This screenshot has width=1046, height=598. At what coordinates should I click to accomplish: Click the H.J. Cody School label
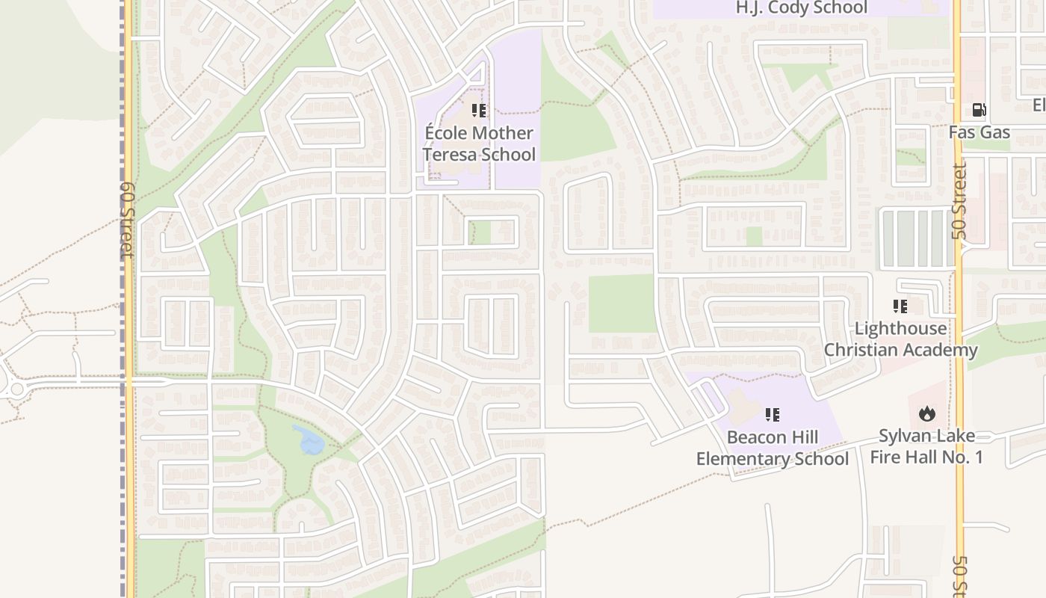coord(802,8)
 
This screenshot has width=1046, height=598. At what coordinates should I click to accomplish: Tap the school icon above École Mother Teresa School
coord(479,111)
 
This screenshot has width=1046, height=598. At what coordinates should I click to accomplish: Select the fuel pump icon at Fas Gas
coord(979,111)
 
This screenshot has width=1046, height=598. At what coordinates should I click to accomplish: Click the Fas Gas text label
coord(979,132)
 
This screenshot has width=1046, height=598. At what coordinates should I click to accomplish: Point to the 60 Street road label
coord(127,220)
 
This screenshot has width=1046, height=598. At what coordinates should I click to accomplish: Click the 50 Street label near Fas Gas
coord(959,202)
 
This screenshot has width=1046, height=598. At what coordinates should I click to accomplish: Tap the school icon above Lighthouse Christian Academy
coord(900,306)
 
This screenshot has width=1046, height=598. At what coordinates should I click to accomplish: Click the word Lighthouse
coord(900,328)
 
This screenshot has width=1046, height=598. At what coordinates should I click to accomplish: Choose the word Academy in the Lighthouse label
coord(940,350)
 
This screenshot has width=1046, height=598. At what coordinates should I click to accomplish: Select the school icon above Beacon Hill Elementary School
coord(773,415)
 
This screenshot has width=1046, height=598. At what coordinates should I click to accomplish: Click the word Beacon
coord(756,437)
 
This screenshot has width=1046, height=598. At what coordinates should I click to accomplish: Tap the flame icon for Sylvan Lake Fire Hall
coord(926,413)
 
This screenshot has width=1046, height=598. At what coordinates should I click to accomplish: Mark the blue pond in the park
coord(309,441)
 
